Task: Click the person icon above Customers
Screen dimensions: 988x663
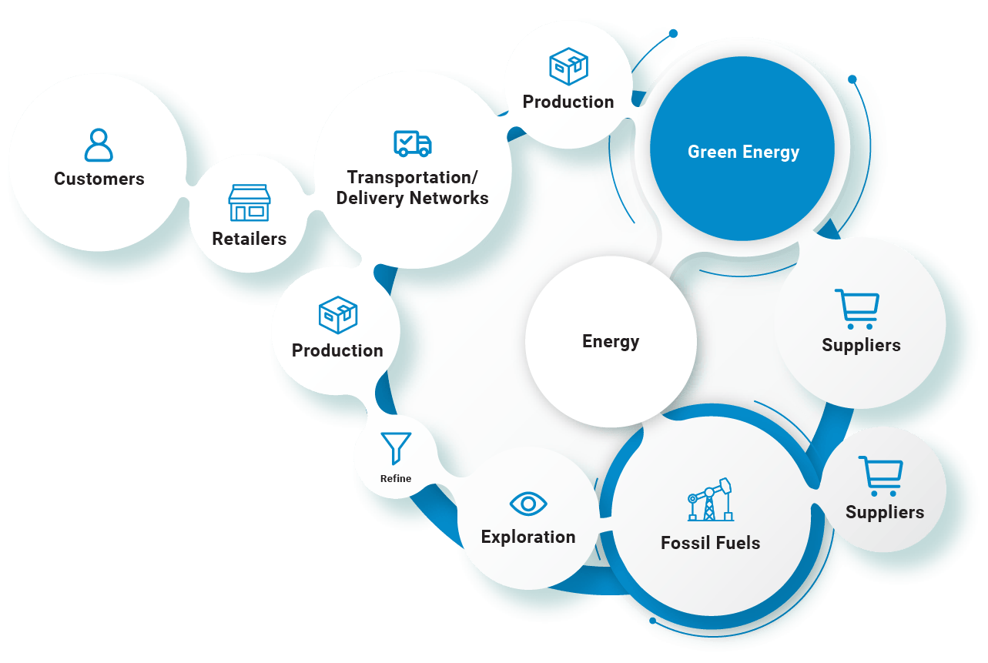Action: pyautogui.click(x=99, y=145)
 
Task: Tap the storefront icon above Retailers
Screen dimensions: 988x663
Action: pyautogui.click(x=250, y=203)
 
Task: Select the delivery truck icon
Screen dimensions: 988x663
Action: pyautogui.click(x=413, y=143)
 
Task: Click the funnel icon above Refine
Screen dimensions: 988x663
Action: pyautogui.click(x=396, y=448)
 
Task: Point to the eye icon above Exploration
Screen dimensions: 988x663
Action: pyautogui.click(x=528, y=504)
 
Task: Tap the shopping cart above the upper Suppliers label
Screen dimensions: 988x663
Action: pyautogui.click(x=856, y=309)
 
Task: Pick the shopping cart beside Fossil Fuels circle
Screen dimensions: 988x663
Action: pyautogui.click(x=880, y=476)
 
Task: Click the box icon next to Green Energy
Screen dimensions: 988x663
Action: pyautogui.click(x=568, y=66)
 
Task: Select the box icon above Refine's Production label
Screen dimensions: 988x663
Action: pyautogui.click(x=338, y=314)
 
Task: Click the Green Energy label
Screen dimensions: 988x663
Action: pyautogui.click(x=743, y=152)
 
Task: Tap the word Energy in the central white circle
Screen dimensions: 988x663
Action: pyautogui.click(x=611, y=341)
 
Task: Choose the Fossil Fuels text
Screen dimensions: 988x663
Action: pyautogui.click(x=710, y=543)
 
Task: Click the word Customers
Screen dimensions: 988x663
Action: pyautogui.click(x=99, y=179)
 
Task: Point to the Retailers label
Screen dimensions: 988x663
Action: pyautogui.click(x=250, y=239)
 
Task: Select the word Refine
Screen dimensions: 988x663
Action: pyautogui.click(x=396, y=478)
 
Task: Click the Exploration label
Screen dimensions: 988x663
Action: pyautogui.click(x=528, y=537)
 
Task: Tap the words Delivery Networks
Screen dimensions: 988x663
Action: pyautogui.click(x=413, y=198)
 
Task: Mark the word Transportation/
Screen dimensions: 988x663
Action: pyautogui.click(x=413, y=177)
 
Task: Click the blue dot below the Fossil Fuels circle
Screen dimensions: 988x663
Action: pyautogui.click(x=653, y=621)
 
